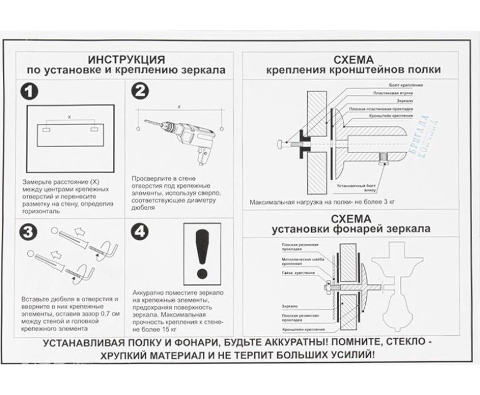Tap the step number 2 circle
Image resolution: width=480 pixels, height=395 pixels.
click(141, 92)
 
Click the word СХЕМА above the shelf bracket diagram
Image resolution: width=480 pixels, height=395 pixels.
click(354, 59)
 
